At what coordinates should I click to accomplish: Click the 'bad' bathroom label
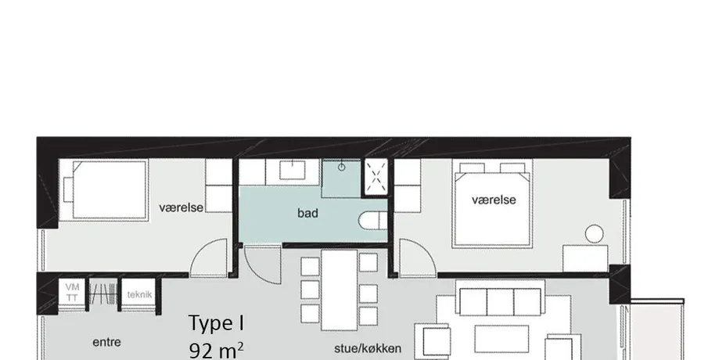[x=307, y=213]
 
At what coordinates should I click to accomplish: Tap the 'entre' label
[x=106, y=342]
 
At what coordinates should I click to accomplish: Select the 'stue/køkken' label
[x=368, y=348]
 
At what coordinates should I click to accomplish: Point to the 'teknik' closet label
[x=139, y=295]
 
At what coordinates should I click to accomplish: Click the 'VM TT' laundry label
[x=72, y=292]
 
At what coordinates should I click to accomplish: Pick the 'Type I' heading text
[x=217, y=323]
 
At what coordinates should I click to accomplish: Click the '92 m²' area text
[x=217, y=350]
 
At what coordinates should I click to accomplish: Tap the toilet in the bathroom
[x=373, y=221]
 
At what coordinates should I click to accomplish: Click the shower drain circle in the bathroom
[x=342, y=167]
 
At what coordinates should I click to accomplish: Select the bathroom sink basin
[x=293, y=170]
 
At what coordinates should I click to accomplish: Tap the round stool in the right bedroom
[x=595, y=234]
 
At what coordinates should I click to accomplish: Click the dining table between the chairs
[x=339, y=290]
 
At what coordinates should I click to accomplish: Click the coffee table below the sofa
[x=501, y=339]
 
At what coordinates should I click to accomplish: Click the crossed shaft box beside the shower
[x=376, y=177]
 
